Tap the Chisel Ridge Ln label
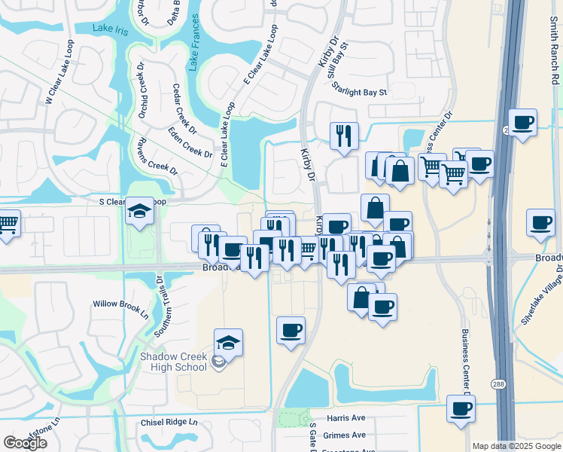[169, 423]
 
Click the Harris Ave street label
[345, 417]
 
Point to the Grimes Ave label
[345, 435]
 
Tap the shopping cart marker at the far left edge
[6, 223]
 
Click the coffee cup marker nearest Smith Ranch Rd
[523, 121]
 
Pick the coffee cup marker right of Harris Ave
[461, 408]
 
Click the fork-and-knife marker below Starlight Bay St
[344, 136]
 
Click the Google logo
[25, 443]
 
